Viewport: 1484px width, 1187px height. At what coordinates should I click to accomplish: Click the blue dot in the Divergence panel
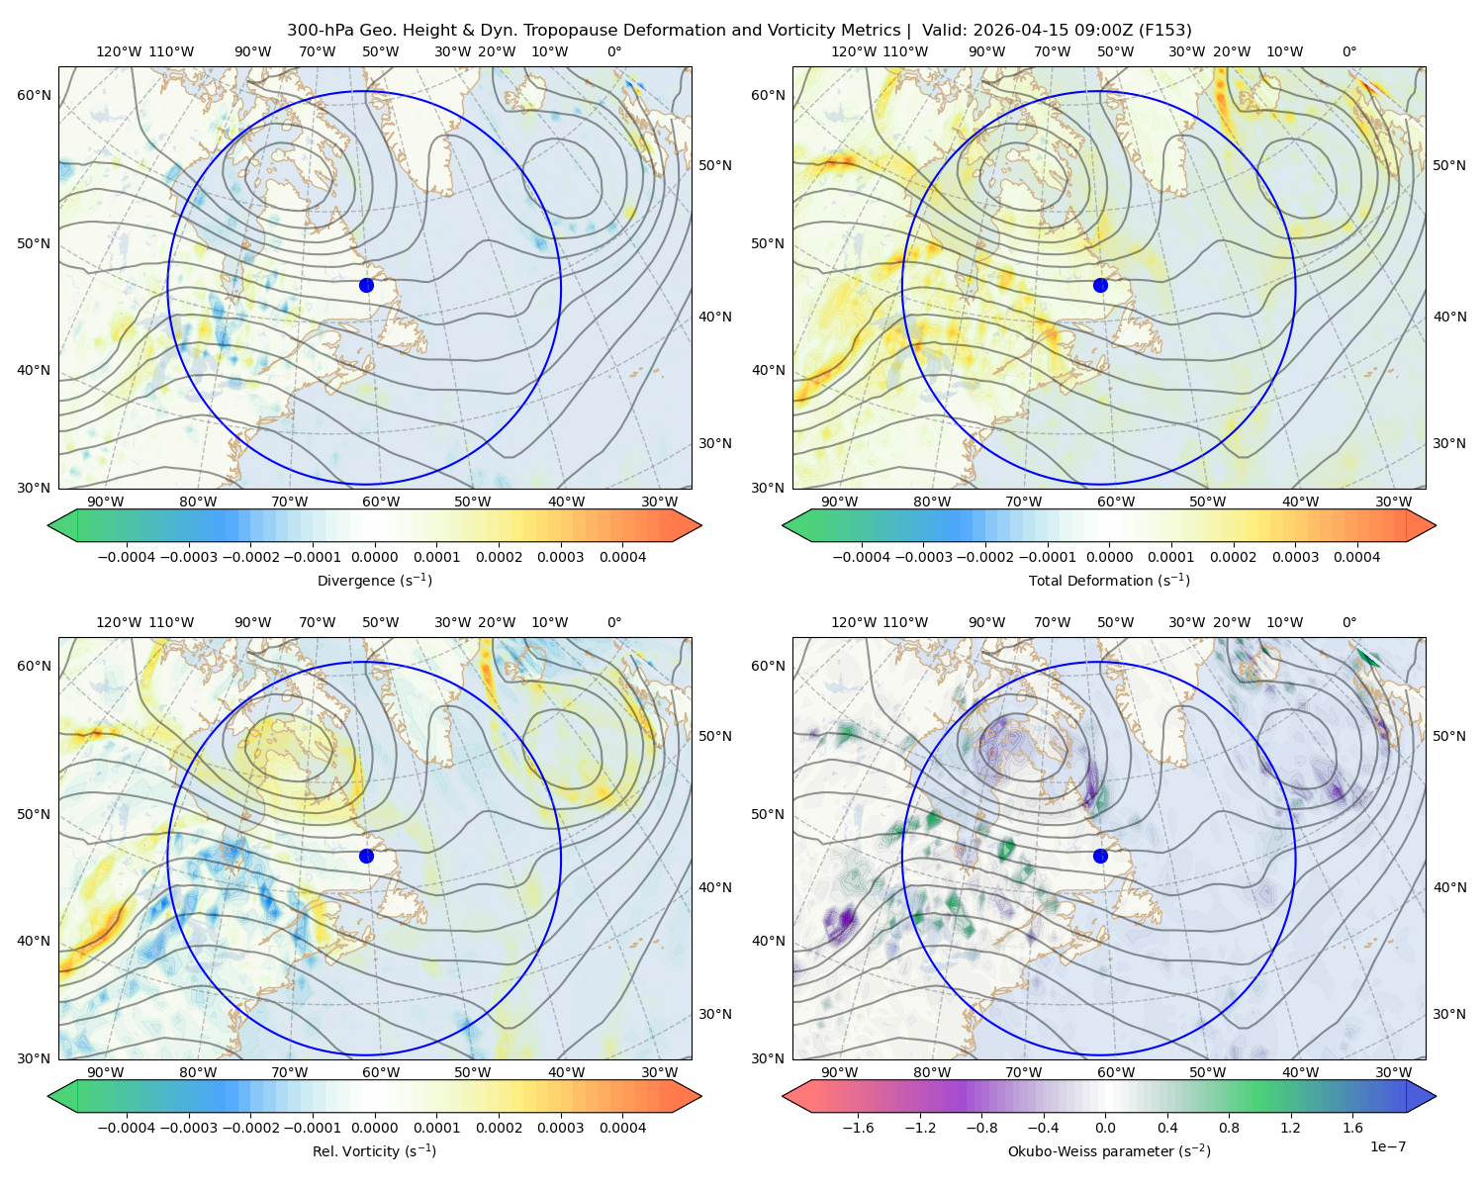(x=366, y=285)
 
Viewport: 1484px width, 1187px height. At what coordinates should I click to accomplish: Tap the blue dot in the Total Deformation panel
(x=1100, y=285)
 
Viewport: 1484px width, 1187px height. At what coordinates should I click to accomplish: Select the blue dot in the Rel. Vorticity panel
(x=366, y=856)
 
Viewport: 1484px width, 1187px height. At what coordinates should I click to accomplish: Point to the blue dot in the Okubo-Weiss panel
(x=1100, y=856)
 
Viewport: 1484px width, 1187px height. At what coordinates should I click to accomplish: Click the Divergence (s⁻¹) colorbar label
(x=374, y=580)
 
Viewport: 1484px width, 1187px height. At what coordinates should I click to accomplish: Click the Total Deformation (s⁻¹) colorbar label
(x=1109, y=580)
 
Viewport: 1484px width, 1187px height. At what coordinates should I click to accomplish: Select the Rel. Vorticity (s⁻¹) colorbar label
(x=374, y=1150)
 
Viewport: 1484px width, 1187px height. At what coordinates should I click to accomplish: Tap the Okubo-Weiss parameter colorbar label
(x=1109, y=1150)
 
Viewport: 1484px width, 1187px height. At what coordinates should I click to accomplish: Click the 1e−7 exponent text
(x=1387, y=1146)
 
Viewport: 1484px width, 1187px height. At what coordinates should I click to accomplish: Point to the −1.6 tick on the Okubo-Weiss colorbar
(x=858, y=1127)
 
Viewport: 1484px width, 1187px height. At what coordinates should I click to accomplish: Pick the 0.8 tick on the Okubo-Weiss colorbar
(x=1229, y=1127)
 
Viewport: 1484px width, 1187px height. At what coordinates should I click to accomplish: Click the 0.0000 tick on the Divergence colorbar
(x=374, y=557)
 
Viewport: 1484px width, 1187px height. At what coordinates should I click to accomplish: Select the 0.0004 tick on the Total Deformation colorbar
(x=1356, y=557)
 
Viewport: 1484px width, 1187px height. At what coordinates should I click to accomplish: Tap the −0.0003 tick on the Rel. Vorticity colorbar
(x=188, y=1127)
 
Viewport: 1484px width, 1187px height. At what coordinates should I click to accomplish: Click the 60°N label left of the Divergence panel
(x=34, y=95)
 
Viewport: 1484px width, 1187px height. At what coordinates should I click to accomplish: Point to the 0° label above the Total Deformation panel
(x=1348, y=51)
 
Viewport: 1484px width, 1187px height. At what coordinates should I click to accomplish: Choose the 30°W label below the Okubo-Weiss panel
(x=1394, y=1072)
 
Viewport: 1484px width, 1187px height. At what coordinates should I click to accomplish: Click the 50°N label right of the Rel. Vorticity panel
(x=715, y=735)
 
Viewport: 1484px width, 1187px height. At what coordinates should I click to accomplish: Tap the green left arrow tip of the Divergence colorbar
(x=48, y=525)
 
